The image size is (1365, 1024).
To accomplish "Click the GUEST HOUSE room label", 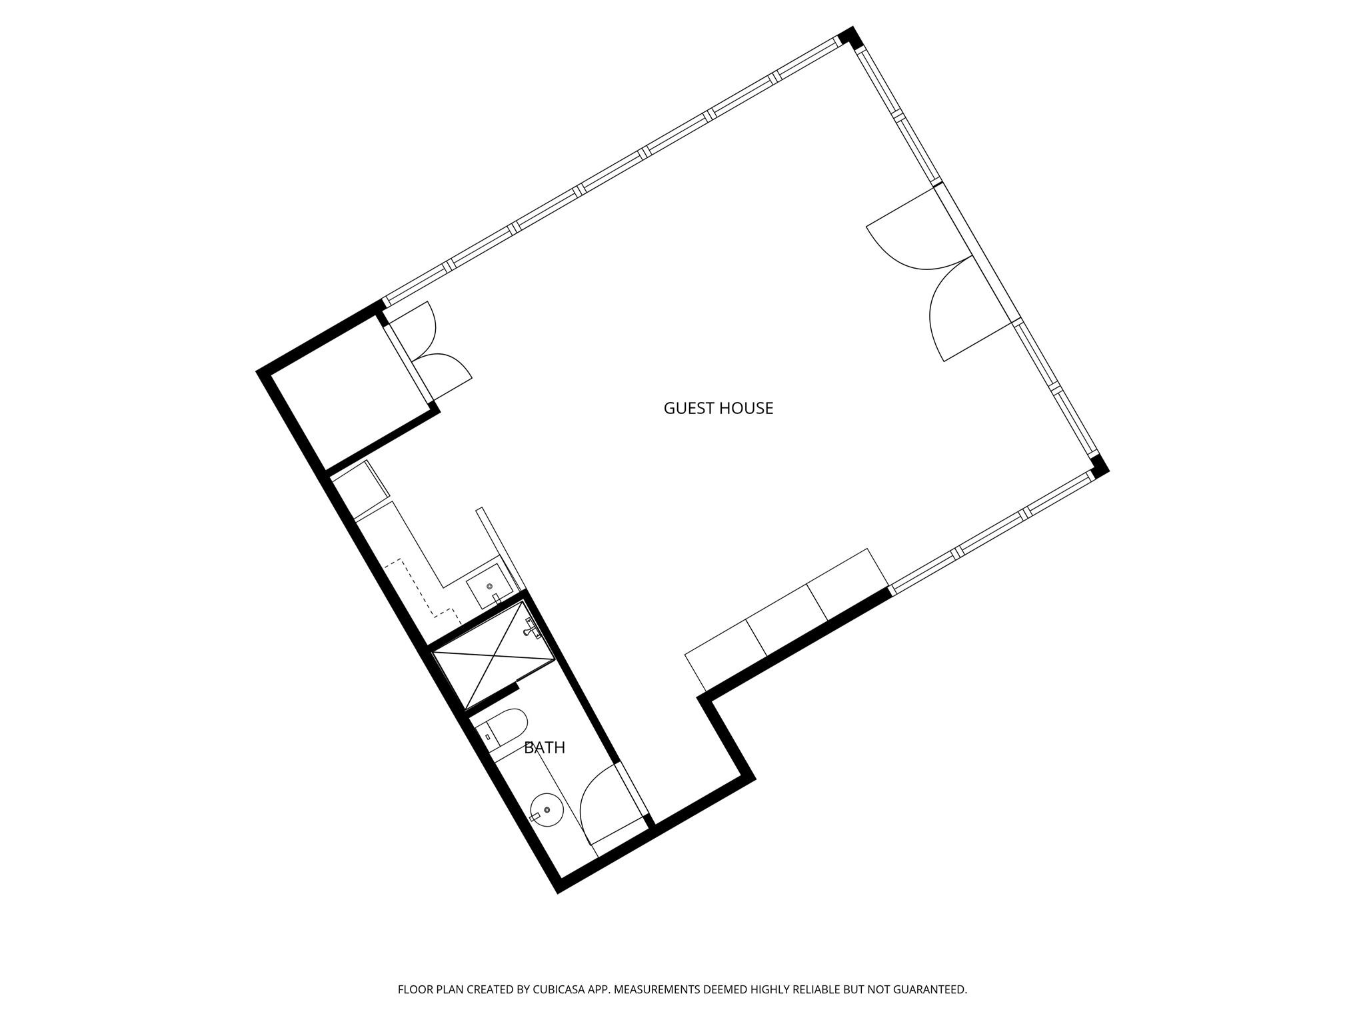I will pos(718,408).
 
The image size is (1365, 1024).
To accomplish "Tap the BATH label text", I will pos(545,748).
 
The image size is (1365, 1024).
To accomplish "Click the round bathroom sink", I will pos(546,809).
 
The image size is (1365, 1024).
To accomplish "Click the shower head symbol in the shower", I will pos(531,628).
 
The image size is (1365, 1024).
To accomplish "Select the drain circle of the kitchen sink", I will pos(490,586).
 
